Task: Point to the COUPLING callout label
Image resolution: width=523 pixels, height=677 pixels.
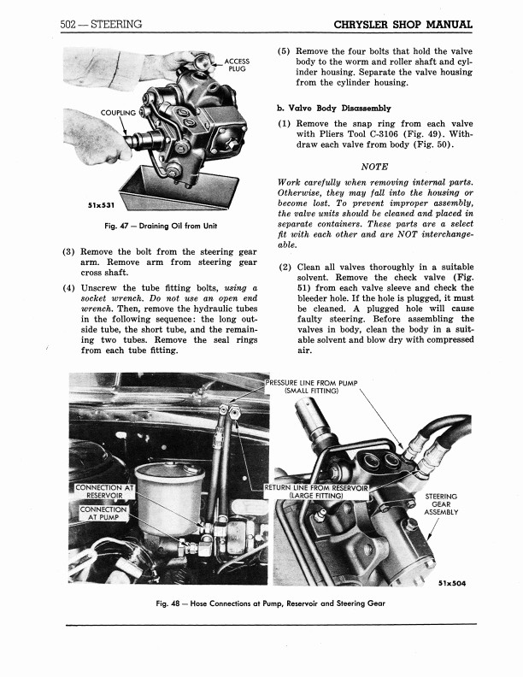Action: click(119, 113)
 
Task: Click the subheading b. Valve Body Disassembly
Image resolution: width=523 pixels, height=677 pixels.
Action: click(333, 109)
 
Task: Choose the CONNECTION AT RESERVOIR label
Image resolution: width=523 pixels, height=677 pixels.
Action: click(105, 493)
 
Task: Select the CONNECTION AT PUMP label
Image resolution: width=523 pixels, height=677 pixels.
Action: click(103, 515)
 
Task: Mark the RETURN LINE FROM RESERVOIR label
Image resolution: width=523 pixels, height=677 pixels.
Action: click(316, 491)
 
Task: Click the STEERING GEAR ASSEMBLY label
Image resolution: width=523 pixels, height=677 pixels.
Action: click(441, 504)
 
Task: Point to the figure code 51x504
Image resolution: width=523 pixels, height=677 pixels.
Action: click(450, 585)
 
